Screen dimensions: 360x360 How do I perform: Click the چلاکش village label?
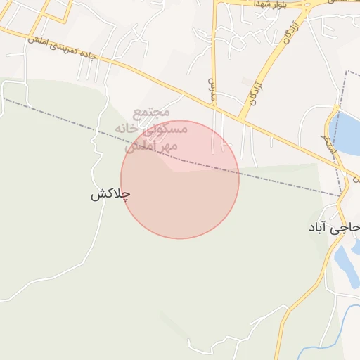click(111, 195)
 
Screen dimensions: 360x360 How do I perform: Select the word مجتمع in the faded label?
click(151, 114)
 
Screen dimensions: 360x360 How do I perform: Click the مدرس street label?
click(210, 87)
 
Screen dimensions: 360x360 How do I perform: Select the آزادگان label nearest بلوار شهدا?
click(292, 32)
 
